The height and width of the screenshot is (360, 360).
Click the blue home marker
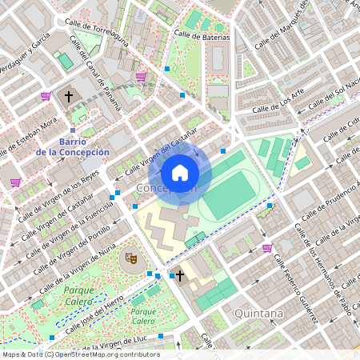click(180, 173)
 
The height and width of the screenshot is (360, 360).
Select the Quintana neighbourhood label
click(258, 314)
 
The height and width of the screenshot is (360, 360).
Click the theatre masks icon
click(130, 258)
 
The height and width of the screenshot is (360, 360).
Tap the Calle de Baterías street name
click(200, 37)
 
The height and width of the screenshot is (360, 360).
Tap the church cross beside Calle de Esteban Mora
click(69, 96)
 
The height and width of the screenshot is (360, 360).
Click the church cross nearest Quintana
click(180, 276)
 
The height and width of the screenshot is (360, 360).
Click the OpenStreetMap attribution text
click(80, 354)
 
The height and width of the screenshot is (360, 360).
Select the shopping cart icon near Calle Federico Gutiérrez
click(266, 248)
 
